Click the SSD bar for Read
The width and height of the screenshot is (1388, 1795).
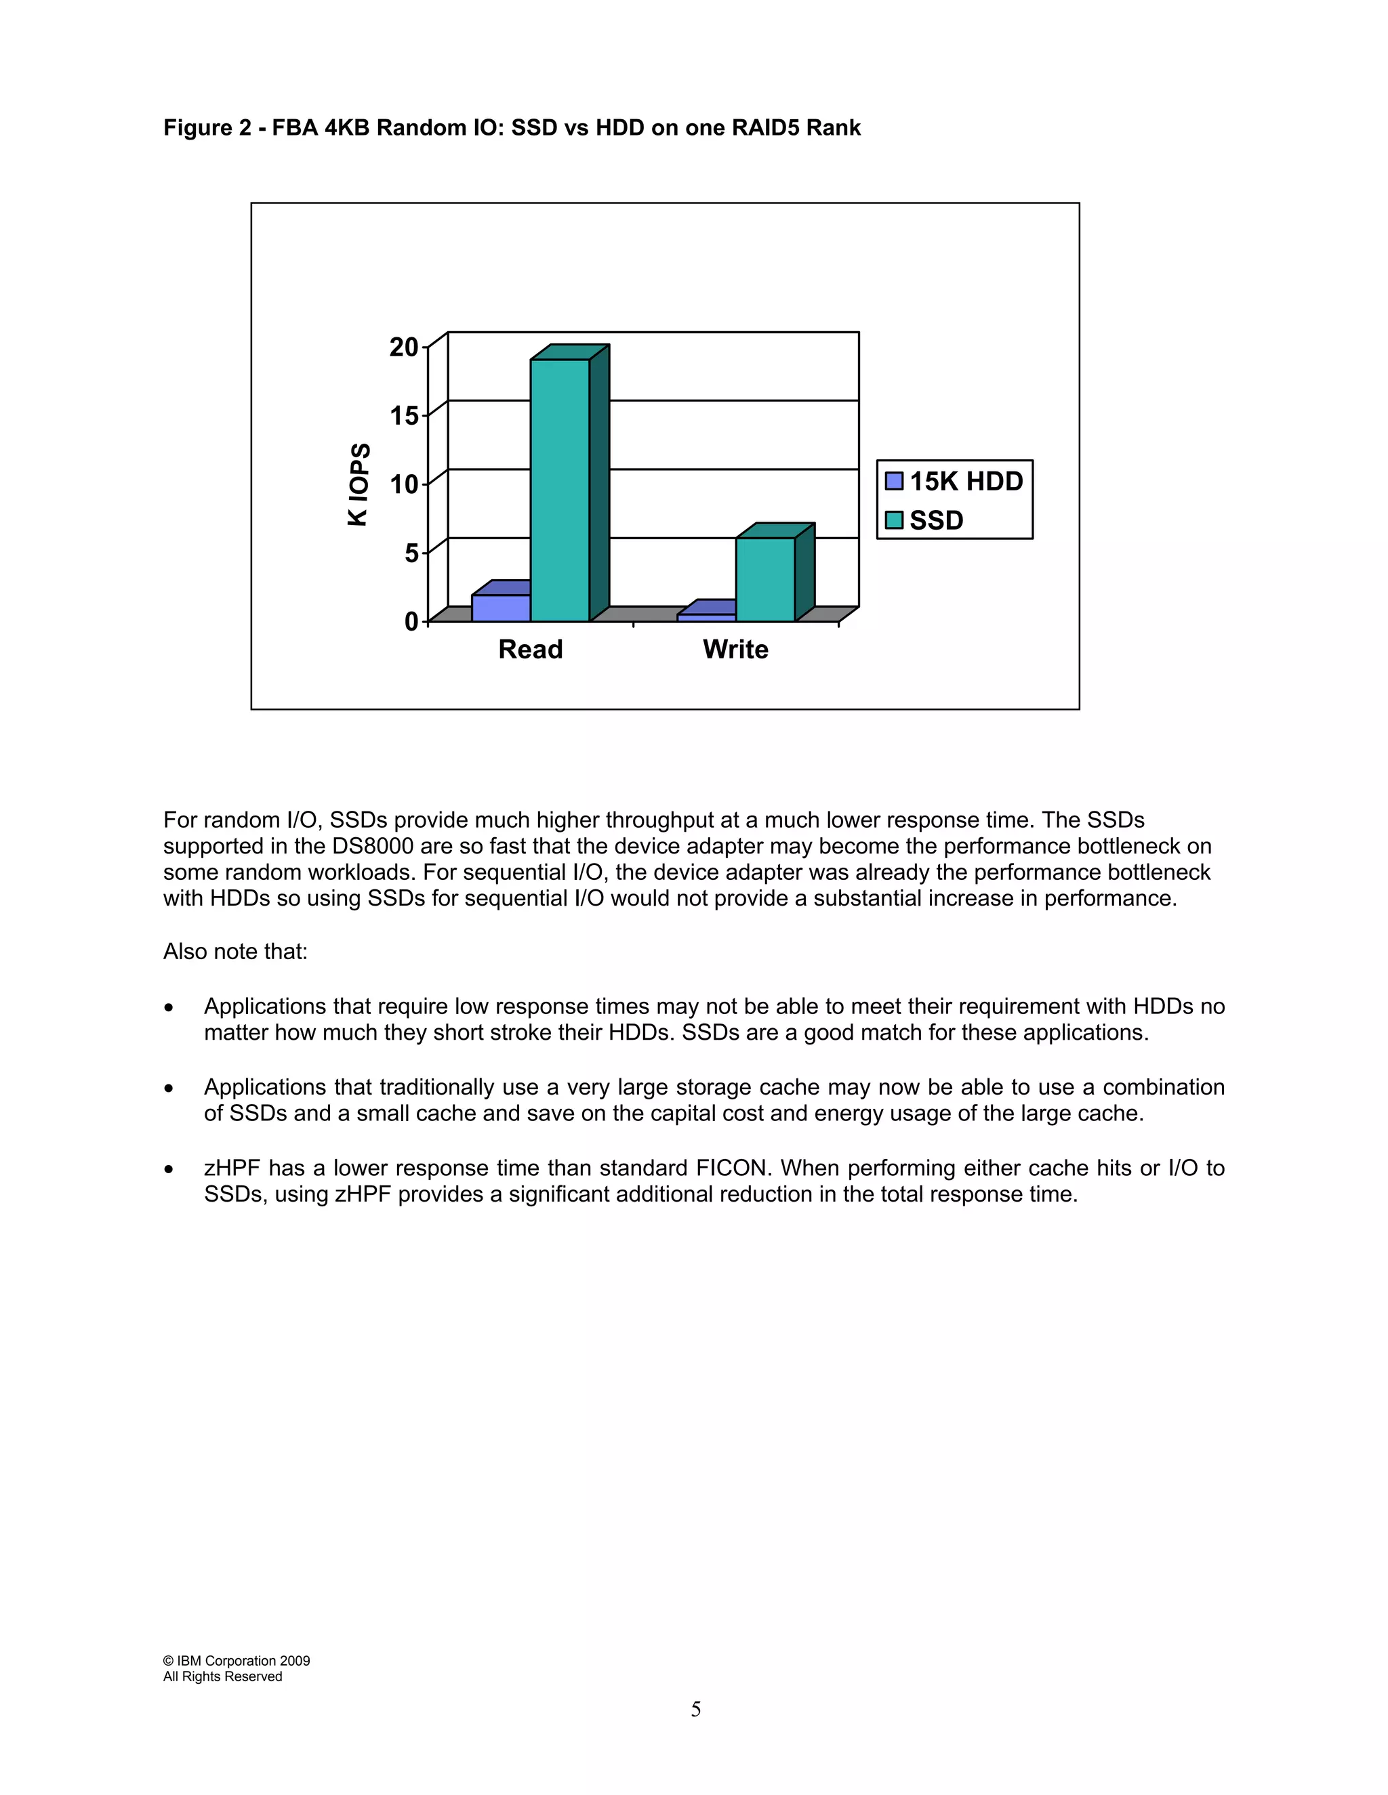tap(560, 490)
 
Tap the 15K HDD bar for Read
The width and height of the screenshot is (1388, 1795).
tap(501, 608)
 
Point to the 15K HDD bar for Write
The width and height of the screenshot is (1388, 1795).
tap(706, 616)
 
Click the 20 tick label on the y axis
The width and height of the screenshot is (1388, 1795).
tap(404, 347)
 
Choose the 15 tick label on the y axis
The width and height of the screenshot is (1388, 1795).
tap(404, 416)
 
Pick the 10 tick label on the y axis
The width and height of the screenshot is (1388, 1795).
tap(404, 484)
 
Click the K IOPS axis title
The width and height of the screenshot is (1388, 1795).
tap(359, 484)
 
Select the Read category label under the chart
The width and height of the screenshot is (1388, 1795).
tap(531, 650)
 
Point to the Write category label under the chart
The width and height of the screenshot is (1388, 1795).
tap(735, 650)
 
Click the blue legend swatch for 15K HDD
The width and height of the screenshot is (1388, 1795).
tap(894, 481)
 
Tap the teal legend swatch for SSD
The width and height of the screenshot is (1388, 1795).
tap(894, 520)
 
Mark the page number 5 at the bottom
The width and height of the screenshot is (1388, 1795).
tap(695, 1710)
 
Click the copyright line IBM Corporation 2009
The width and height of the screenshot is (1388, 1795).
tap(237, 1660)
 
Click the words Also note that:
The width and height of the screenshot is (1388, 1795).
tap(235, 951)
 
